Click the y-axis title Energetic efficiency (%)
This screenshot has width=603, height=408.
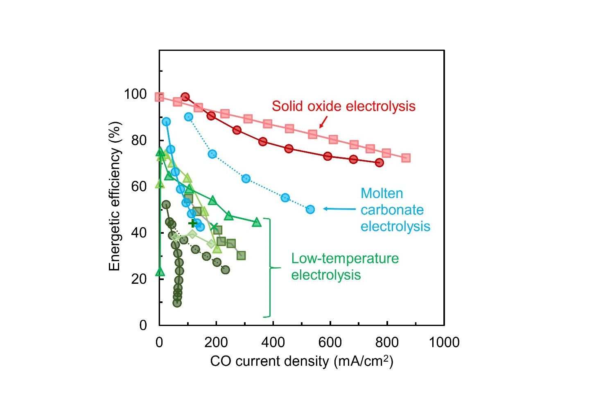pyautogui.click(x=115, y=196)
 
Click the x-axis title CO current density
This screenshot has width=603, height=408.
pyautogui.click(x=301, y=361)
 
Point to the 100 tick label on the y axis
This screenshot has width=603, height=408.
pyautogui.click(x=135, y=94)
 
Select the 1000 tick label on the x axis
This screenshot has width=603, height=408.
pyautogui.click(x=444, y=342)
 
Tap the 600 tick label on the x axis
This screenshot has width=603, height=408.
pyautogui.click(x=330, y=342)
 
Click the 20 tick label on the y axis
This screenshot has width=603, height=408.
pyautogui.click(x=140, y=279)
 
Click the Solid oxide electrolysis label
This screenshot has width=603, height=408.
pyautogui.click(x=343, y=106)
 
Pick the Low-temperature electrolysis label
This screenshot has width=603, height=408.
pyautogui.click(x=344, y=267)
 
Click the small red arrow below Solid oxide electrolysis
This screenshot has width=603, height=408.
pyautogui.click(x=323, y=122)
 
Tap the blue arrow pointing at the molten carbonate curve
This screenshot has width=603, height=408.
pyautogui.click(x=339, y=209)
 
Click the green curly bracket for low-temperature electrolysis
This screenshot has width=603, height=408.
pyautogui.click(x=270, y=268)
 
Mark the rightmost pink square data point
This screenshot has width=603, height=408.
pyautogui.click(x=406, y=158)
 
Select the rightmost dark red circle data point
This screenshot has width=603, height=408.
pyautogui.click(x=379, y=163)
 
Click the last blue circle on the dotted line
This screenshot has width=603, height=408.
pyautogui.click(x=310, y=210)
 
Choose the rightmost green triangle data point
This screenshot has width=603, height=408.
pyautogui.click(x=257, y=222)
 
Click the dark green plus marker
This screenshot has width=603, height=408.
pyautogui.click(x=193, y=223)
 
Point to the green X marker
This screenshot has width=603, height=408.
pyautogui.click(x=214, y=227)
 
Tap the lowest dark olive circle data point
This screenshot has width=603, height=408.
pyautogui.click(x=177, y=303)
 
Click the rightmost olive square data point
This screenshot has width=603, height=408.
pyautogui.click(x=241, y=256)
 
